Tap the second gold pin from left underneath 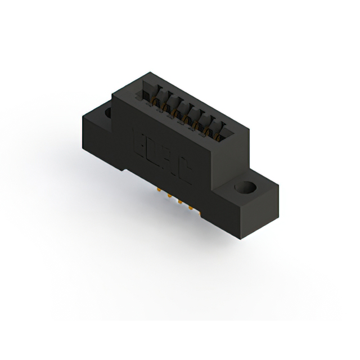tap(167, 197)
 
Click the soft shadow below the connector tap(186, 236)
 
